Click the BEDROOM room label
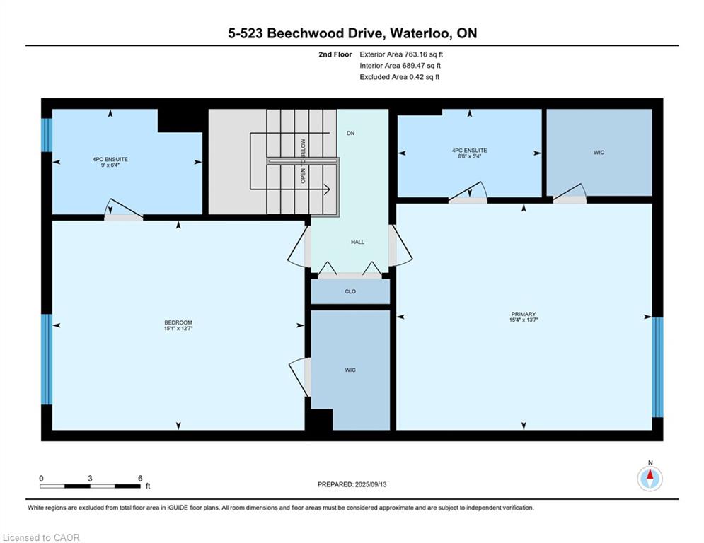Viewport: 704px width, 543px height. coord(178,322)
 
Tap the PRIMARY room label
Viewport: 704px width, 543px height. coord(524,314)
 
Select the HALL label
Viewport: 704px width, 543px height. coord(357,242)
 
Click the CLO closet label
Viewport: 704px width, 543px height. coord(350,292)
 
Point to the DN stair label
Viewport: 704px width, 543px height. coord(351,134)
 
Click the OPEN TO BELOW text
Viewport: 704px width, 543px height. coord(303,160)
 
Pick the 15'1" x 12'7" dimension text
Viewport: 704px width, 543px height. coord(178,329)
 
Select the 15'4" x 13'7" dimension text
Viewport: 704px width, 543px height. coord(524,320)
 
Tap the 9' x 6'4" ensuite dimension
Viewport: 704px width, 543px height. coord(110,165)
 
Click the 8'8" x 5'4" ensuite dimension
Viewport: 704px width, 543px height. coord(470,156)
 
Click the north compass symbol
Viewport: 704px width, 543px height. coord(650,479)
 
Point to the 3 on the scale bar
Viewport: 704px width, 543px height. coord(91,479)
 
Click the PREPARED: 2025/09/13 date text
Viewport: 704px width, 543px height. coord(352,484)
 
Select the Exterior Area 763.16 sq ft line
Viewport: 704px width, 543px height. coord(401,54)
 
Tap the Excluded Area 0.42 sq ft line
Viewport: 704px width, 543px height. coord(400,77)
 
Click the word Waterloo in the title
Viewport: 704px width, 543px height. coord(420,33)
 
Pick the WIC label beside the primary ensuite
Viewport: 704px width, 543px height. coord(599,153)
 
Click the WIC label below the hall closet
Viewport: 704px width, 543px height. coord(350,370)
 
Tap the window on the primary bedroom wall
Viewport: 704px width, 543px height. coord(657,367)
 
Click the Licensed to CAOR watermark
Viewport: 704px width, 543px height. coord(41,537)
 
